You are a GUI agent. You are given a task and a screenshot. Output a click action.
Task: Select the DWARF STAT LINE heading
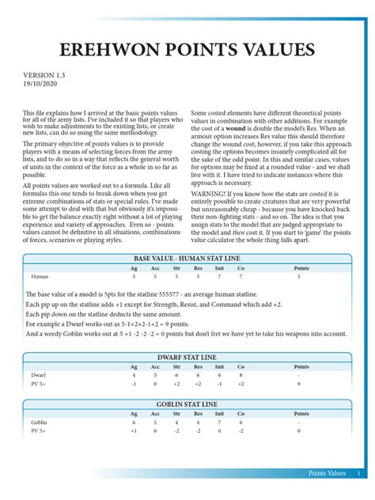(x=187, y=358)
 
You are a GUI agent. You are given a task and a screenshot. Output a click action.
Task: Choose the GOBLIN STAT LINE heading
(x=187, y=405)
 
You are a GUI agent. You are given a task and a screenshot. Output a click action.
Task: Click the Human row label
(x=39, y=278)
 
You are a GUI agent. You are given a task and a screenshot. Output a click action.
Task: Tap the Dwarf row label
(x=38, y=375)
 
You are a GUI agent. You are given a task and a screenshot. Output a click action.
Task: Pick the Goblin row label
(x=39, y=422)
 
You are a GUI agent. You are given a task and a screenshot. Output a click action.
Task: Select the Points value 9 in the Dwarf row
(x=298, y=384)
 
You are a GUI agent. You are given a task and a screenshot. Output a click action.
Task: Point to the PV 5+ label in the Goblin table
(x=38, y=431)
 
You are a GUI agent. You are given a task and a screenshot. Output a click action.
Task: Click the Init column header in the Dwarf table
(x=218, y=367)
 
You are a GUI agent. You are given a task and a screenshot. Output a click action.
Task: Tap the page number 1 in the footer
(x=358, y=474)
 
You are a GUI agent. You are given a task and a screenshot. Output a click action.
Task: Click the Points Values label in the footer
(x=326, y=474)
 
